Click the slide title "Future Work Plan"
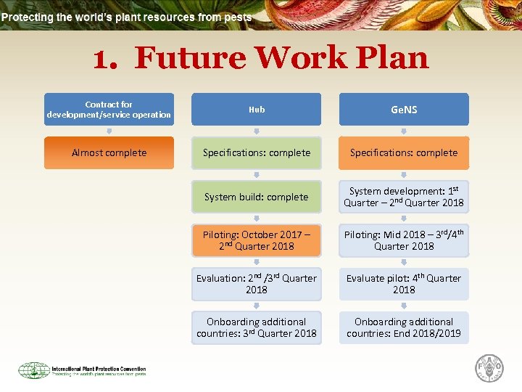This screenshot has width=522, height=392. [x=261, y=58]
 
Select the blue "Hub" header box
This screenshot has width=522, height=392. [x=257, y=110]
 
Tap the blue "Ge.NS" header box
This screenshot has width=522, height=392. [x=404, y=110]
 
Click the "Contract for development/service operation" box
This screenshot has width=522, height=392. [x=109, y=110]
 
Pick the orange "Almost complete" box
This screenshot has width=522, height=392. [x=109, y=153]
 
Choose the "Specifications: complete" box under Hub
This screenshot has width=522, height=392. [x=257, y=153]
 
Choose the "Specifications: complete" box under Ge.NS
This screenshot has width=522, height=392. [x=404, y=153]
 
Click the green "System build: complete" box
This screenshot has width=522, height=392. [x=257, y=197]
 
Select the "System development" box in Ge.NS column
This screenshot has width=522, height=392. [x=404, y=197]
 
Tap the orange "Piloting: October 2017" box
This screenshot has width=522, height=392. [x=257, y=240]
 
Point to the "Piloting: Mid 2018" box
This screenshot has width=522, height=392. [x=404, y=240]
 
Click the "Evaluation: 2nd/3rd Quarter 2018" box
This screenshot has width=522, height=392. [x=257, y=284]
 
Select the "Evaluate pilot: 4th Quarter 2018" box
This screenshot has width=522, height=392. [x=404, y=284]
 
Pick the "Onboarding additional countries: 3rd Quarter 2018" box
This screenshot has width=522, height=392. [x=257, y=327]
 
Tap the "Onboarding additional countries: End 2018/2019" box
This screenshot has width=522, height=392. [x=404, y=327]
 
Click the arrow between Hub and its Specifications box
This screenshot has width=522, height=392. [x=257, y=131]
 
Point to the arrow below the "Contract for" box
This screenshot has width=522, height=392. [x=109, y=131]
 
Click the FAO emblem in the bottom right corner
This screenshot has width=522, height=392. [x=489, y=369]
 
